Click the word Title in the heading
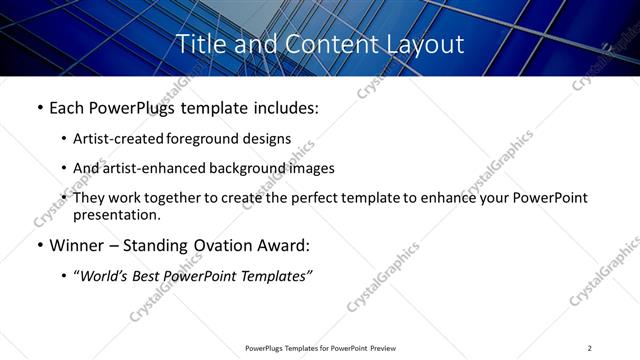(x=199, y=44)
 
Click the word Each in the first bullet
(x=68, y=107)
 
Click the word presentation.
(x=116, y=214)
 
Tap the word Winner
(x=76, y=245)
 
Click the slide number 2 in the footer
(x=590, y=348)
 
